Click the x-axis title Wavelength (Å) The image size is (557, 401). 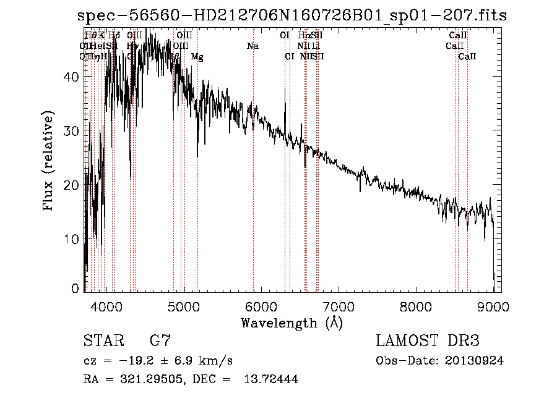click(291, 323)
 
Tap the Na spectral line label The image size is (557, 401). click(253, 46)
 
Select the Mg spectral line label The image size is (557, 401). click(197, 57)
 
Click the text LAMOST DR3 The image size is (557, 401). click(428, 341)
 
